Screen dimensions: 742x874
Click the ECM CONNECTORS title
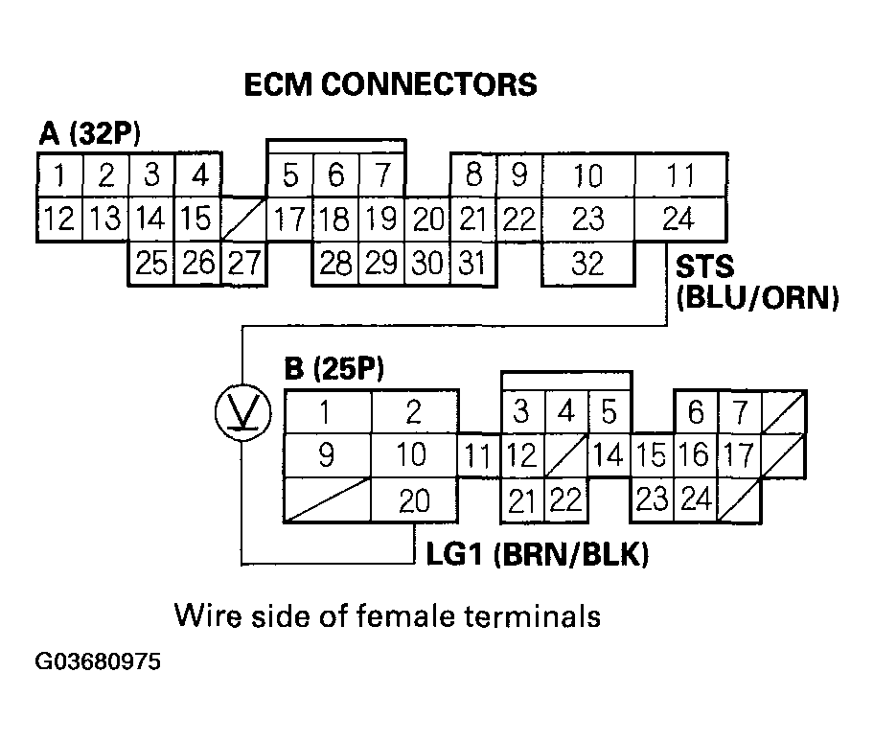(x=389, y=84)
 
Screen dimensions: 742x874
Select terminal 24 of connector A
(x=678, y=220)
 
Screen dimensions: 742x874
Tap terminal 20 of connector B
(x=414, y=500)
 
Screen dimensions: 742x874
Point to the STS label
(x=707, y=264)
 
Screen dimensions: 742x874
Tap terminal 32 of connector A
(x=587, y=264)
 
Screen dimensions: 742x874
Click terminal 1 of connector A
(x=59, y=176)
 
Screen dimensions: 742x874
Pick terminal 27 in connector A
(x=243, y=264)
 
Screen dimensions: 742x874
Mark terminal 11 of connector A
(x=678, y=176)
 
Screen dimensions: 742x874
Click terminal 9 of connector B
(x=326, y=455)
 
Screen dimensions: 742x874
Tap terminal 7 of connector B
(x=739, y=413)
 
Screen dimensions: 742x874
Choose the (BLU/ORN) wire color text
(x=757, y=298)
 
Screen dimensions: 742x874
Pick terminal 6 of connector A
(x=335, y=176)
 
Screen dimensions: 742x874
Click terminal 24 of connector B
(x=696, y=499)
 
